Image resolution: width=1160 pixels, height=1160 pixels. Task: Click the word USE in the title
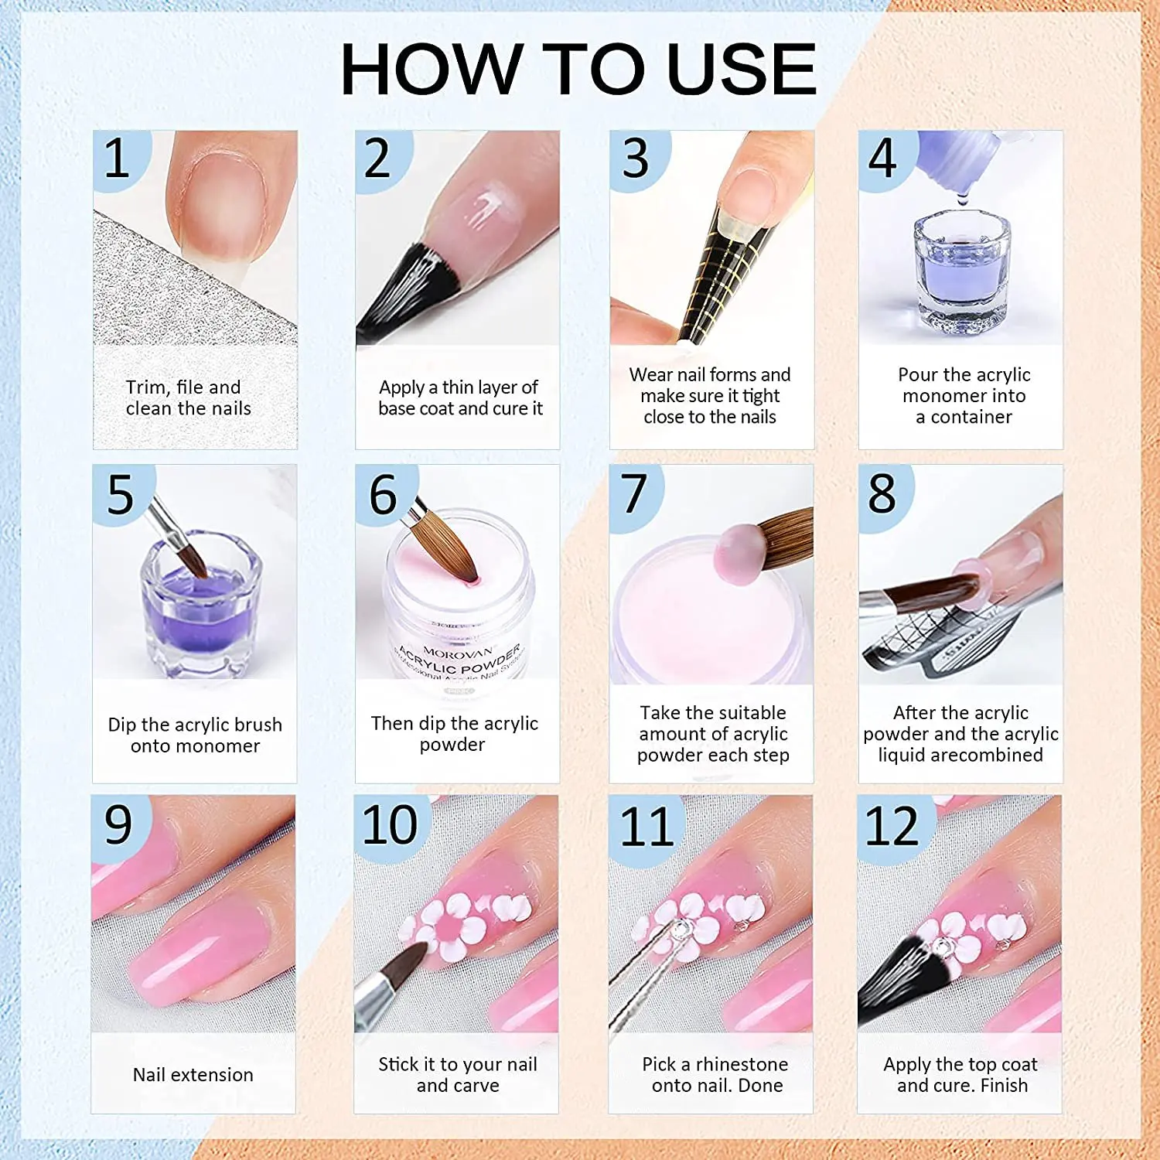coord(742,69)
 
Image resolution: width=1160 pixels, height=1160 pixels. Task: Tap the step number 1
coord(117,158)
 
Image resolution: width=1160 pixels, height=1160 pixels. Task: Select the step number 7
coord(634,493)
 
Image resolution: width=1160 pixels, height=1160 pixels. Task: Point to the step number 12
coord(892,826)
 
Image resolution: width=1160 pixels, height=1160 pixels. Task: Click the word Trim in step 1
coord(146,387)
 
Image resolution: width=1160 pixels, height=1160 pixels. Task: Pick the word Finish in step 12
coord(1004,1086)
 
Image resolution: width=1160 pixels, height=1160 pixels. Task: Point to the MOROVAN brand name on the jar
coord(458,653)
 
